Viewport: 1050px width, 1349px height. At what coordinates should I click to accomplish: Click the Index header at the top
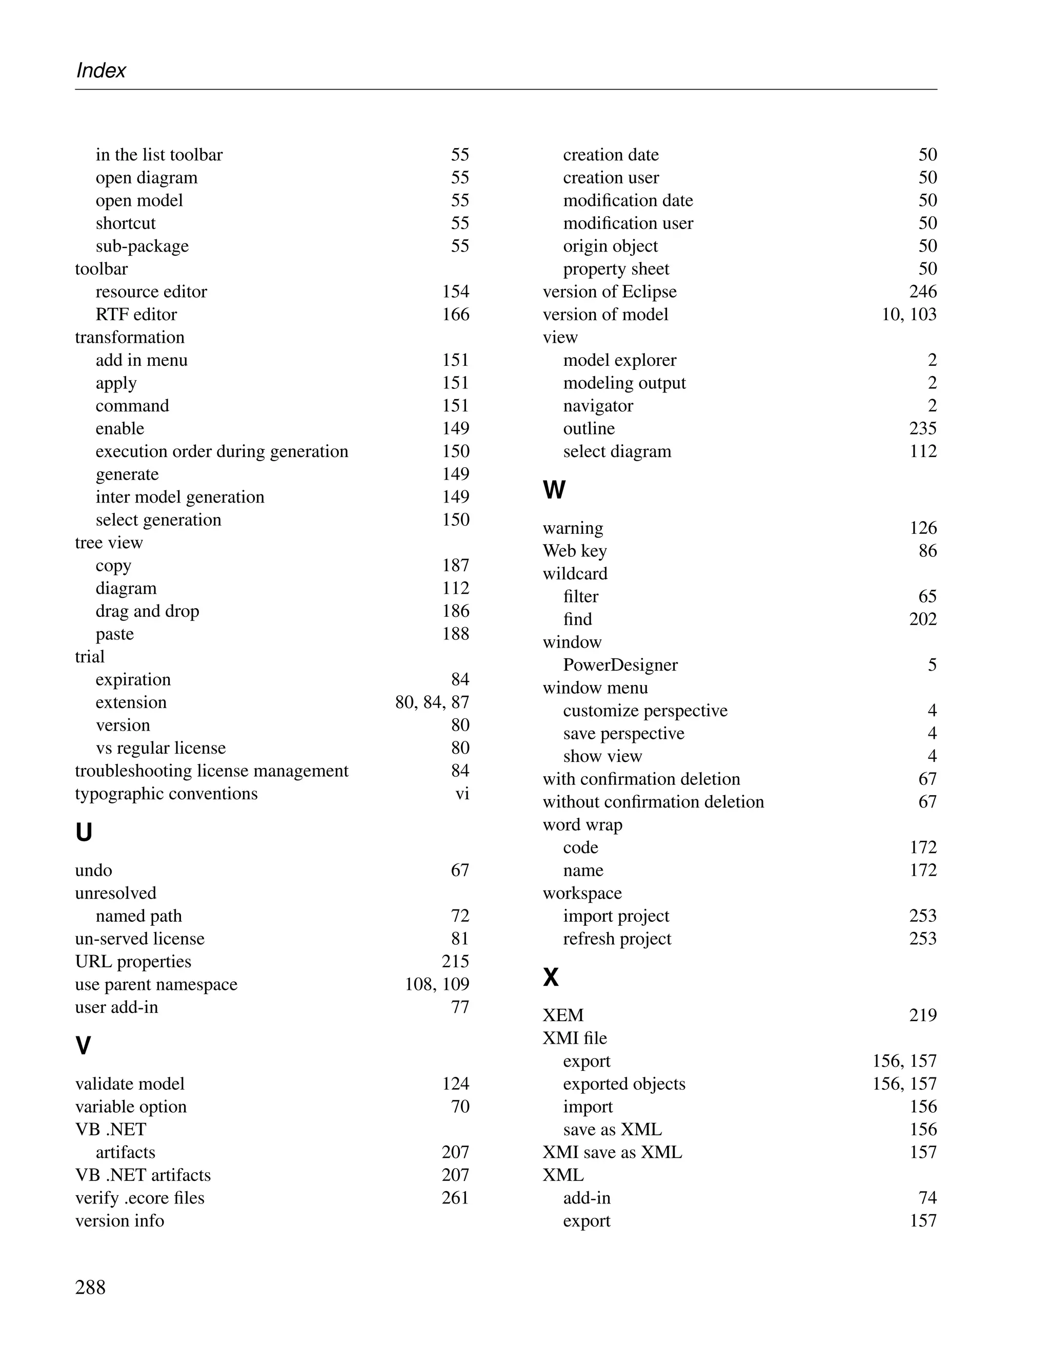pos(100,71)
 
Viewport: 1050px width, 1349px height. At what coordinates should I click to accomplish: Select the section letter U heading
pos(84,833)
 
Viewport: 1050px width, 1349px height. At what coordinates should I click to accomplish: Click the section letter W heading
pos(554,490)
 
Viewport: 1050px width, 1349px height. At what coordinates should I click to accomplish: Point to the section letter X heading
pos(551,978)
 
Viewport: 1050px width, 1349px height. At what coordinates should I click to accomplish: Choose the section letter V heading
pos(83,1046)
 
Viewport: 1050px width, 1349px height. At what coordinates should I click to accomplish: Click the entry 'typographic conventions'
pos(166,794)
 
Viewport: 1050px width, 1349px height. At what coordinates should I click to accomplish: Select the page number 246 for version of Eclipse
pos(923,292)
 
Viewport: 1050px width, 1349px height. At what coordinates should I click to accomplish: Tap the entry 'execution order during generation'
pos(222,451)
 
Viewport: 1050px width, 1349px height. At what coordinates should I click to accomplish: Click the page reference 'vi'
pos(462,794)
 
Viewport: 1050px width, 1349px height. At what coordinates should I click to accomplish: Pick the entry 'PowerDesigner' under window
pos(620,665)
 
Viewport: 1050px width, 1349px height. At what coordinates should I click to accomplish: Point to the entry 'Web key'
pos(575,551)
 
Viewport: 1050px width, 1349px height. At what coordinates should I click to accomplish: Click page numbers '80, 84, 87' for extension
pos(432,702)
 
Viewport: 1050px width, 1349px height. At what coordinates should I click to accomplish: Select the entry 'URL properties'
pos(133,962)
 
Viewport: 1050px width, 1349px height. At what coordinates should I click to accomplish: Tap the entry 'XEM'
pos(563,1015)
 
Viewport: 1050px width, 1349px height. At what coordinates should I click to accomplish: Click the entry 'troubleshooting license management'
pos(211,771)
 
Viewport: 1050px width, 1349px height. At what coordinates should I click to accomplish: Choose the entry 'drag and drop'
pos(147,612)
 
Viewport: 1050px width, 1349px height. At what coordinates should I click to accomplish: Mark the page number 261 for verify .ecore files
pos(455,1198)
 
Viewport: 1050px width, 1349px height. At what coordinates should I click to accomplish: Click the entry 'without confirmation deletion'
pos(653,802)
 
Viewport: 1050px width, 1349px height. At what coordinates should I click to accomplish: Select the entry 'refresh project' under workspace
pos(617,939)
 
